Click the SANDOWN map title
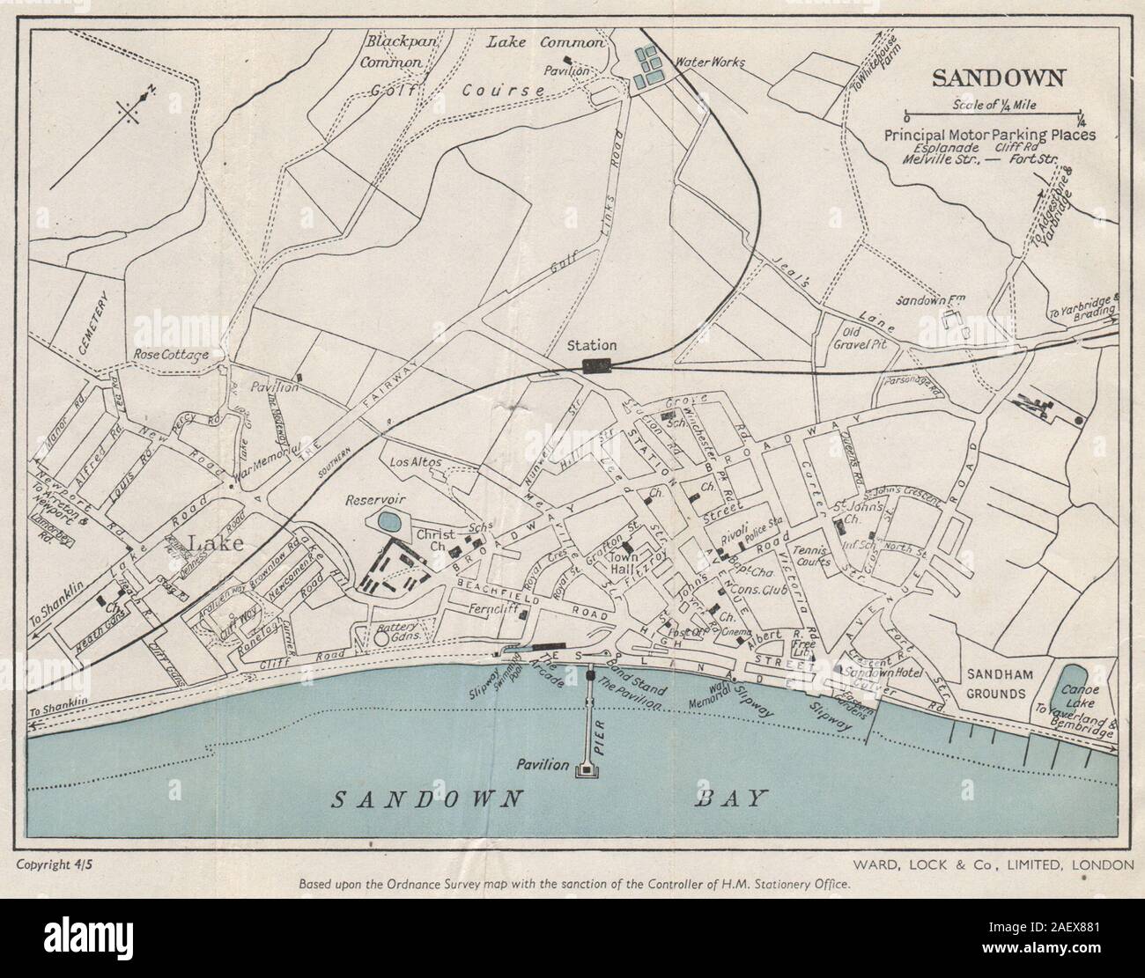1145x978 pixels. pos(998,77)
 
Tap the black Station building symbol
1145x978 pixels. pos(596,366)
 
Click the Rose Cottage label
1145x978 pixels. pos(171,355)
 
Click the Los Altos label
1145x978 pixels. pos(409,462)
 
